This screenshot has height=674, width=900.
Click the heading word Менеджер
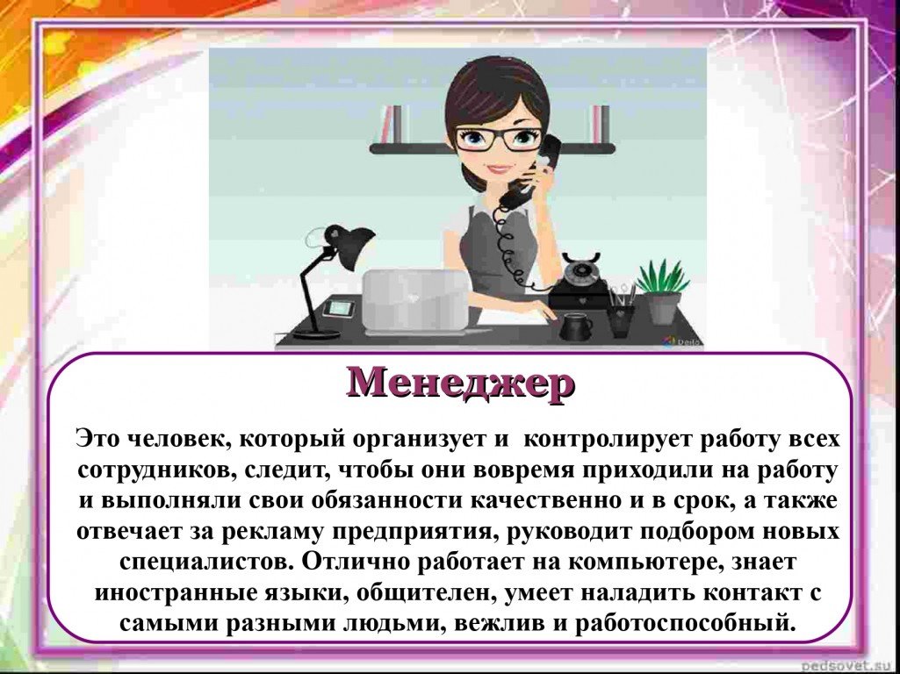click(460, 382)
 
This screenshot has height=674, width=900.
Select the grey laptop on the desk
click(417, 301)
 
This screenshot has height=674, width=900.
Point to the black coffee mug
click(576, 326)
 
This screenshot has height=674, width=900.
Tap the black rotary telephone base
click(580, 281)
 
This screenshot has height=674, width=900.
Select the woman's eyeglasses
click(498, 139)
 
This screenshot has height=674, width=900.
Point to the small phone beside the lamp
click(339, 308)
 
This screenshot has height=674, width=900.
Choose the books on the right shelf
click(601, 124)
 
